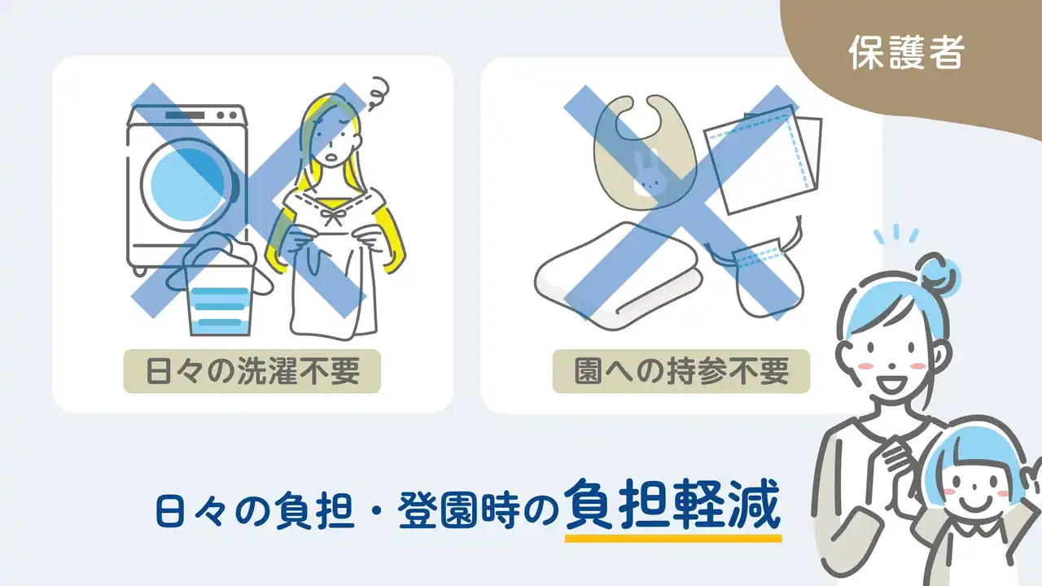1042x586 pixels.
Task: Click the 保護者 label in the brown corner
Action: [907, 53]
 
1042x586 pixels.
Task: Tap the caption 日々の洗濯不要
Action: [252, 371]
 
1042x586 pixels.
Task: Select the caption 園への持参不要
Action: [681, 371]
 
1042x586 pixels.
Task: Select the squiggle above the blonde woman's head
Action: [379, 94]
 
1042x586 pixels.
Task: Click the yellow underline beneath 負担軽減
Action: [673, 539]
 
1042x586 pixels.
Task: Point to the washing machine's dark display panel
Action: [185, 115]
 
